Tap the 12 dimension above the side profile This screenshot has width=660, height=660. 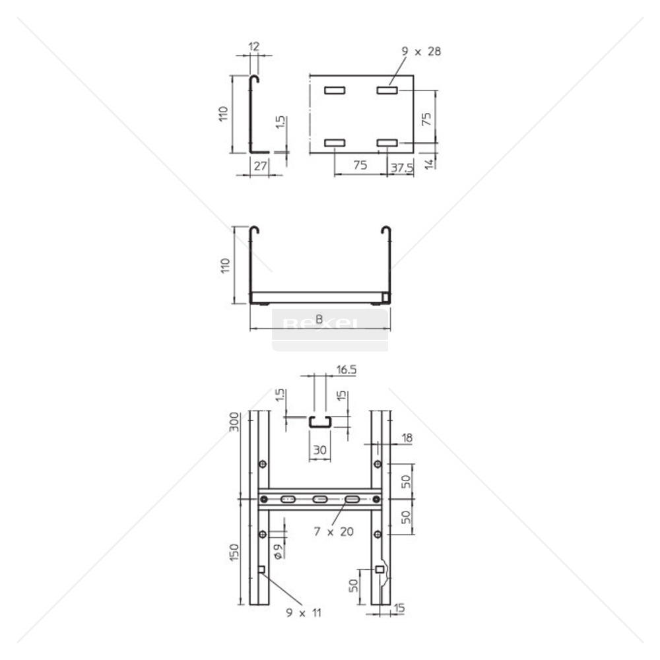pyautogui.click(x=254, y=46)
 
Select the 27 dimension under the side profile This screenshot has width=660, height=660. pyautogui.click(x=260, y=166)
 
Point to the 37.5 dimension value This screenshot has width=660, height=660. pyautogui.click(x=401, y=168)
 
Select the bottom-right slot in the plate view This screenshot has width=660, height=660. pyautogui.click(x=387, y=143)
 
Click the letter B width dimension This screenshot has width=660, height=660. pyautogui.click(x=319, y=320)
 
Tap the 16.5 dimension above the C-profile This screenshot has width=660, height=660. pyautogui.click(x=346, y=370)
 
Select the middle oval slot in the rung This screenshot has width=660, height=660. pyautogui.click(x=320, y=500)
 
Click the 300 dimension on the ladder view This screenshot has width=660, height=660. pyautogui.click(x=233, y=420)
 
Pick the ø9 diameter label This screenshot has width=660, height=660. pyautogui.click(x=279, y=551)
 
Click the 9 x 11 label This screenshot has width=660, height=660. pyautogui.click(x=304, y=613)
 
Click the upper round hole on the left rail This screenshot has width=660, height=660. pyautogui.click(x=263, y=465)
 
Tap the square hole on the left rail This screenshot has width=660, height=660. pyautogui.click(x=261, y=570)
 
